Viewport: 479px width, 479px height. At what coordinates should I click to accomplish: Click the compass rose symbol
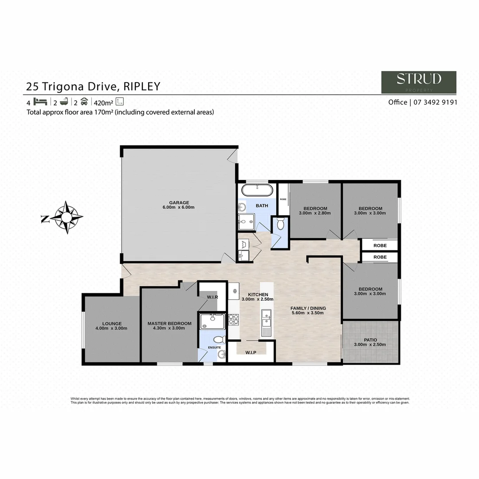pos(66,217)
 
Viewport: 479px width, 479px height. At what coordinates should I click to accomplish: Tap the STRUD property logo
pos(419,82)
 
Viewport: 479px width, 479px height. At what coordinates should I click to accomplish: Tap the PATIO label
pos(370,340)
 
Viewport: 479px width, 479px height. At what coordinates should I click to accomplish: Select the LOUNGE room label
pos(111,323)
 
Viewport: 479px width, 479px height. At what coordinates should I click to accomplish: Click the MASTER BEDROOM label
pos(169,323)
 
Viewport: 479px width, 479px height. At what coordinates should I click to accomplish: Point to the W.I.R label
pos(212,297)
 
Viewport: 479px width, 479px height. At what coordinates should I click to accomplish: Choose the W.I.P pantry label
pos(251,353)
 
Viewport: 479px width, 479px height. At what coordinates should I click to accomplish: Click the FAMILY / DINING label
pos(308,308)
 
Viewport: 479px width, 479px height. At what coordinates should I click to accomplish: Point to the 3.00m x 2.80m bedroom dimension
pos(315,213)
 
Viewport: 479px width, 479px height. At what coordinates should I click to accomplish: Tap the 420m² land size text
pos(103,102)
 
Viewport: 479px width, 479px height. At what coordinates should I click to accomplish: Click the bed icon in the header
pos(40,101)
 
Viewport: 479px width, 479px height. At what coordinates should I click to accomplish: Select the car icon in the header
pos(84,101)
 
